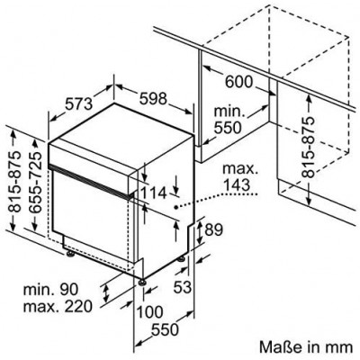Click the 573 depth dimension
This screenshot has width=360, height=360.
coord(79,104)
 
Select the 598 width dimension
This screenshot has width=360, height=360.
coord(153,98)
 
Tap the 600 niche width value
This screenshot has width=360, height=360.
coord(239,82)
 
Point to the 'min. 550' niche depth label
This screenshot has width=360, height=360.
coord(228,120)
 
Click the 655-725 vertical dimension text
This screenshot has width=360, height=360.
coord(37,182)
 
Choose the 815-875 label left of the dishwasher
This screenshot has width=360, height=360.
coord(15,181)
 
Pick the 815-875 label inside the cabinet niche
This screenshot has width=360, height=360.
coord(308,147)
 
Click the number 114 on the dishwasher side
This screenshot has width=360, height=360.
coord(153,193)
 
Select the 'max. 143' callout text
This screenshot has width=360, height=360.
coord(240,176)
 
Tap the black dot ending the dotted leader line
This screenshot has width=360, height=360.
coord(176,207)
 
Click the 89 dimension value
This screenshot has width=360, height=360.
coord(213,229)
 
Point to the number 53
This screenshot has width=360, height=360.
coord(183,287)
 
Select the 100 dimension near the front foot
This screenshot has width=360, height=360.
coord(150,311)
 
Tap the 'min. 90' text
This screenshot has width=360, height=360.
coord(50,289)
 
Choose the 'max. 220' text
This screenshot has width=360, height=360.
coord(58,306)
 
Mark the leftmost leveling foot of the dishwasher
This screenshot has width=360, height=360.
coord(71,254)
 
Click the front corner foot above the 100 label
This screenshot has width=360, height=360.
coord(142,283)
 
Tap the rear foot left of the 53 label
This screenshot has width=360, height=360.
coord(181,259)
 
